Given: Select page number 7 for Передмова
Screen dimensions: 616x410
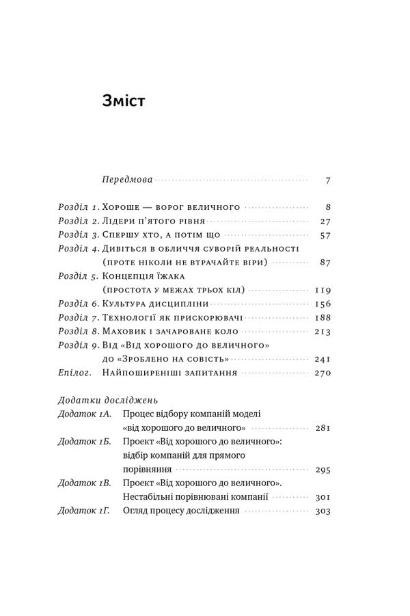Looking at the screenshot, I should coord(328,181).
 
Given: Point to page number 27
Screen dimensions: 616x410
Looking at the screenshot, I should coord(325,222).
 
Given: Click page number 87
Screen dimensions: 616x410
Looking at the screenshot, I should coord(325,263).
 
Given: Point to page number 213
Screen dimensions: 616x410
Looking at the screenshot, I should coord(322,332).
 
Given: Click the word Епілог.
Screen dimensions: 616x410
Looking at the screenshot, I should coord(67,373).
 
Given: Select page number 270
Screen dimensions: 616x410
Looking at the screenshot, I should coord(322,374).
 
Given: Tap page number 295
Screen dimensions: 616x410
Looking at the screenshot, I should coord(322,470).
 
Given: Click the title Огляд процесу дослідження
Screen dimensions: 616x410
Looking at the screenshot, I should coord(180,511).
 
